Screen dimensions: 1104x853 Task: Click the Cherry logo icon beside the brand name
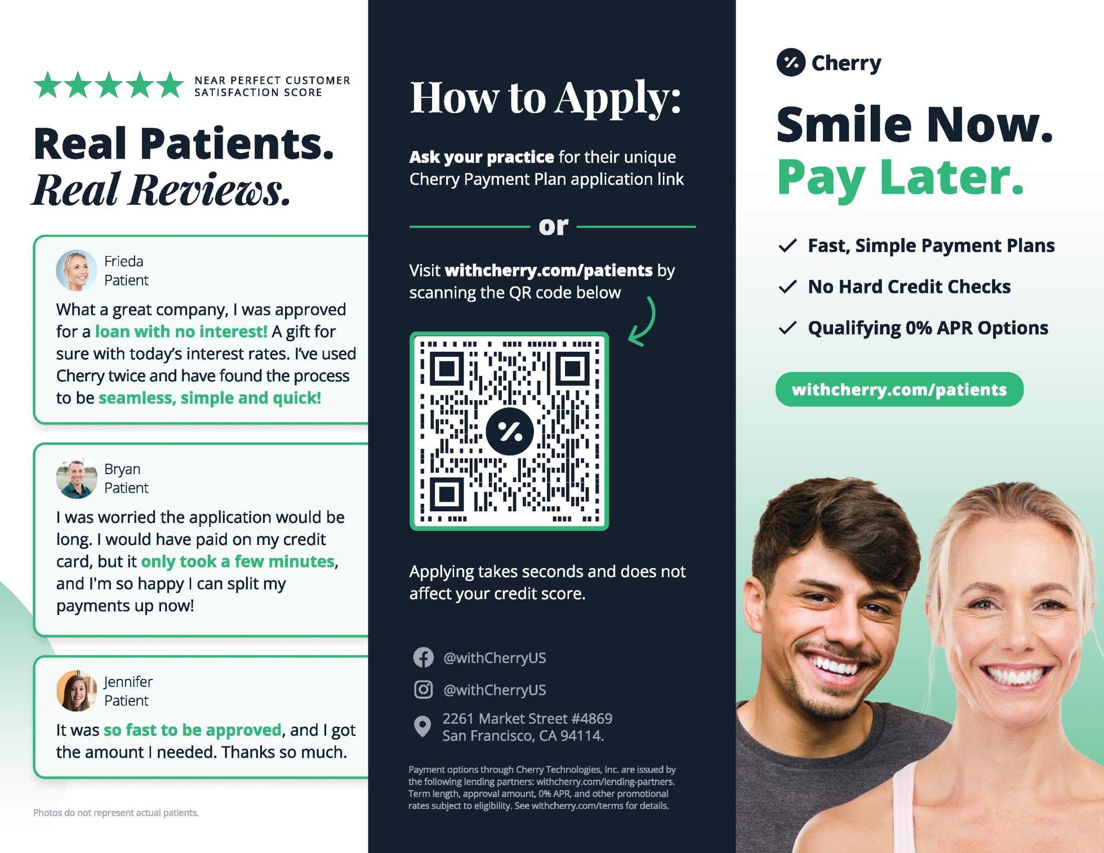790,63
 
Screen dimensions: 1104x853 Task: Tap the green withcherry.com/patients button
899,389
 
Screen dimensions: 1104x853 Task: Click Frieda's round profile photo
76,270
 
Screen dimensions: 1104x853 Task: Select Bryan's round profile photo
76,478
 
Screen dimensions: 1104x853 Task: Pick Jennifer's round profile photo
76,691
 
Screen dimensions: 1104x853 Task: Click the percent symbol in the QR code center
509,431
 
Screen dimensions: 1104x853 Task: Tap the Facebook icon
423,657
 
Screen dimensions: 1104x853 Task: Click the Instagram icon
423,689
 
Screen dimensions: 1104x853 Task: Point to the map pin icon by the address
422,727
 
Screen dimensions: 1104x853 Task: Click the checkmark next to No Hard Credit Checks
787,287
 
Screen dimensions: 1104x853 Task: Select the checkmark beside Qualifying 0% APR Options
787,328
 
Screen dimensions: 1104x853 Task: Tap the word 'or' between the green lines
553,226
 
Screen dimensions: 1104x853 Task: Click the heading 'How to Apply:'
545,98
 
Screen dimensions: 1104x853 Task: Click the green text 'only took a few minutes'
237,561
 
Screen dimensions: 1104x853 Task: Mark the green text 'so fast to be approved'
193,730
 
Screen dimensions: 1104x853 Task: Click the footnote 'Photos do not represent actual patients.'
116,812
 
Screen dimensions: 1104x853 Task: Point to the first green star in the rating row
48,84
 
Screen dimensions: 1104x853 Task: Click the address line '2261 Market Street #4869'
527,718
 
